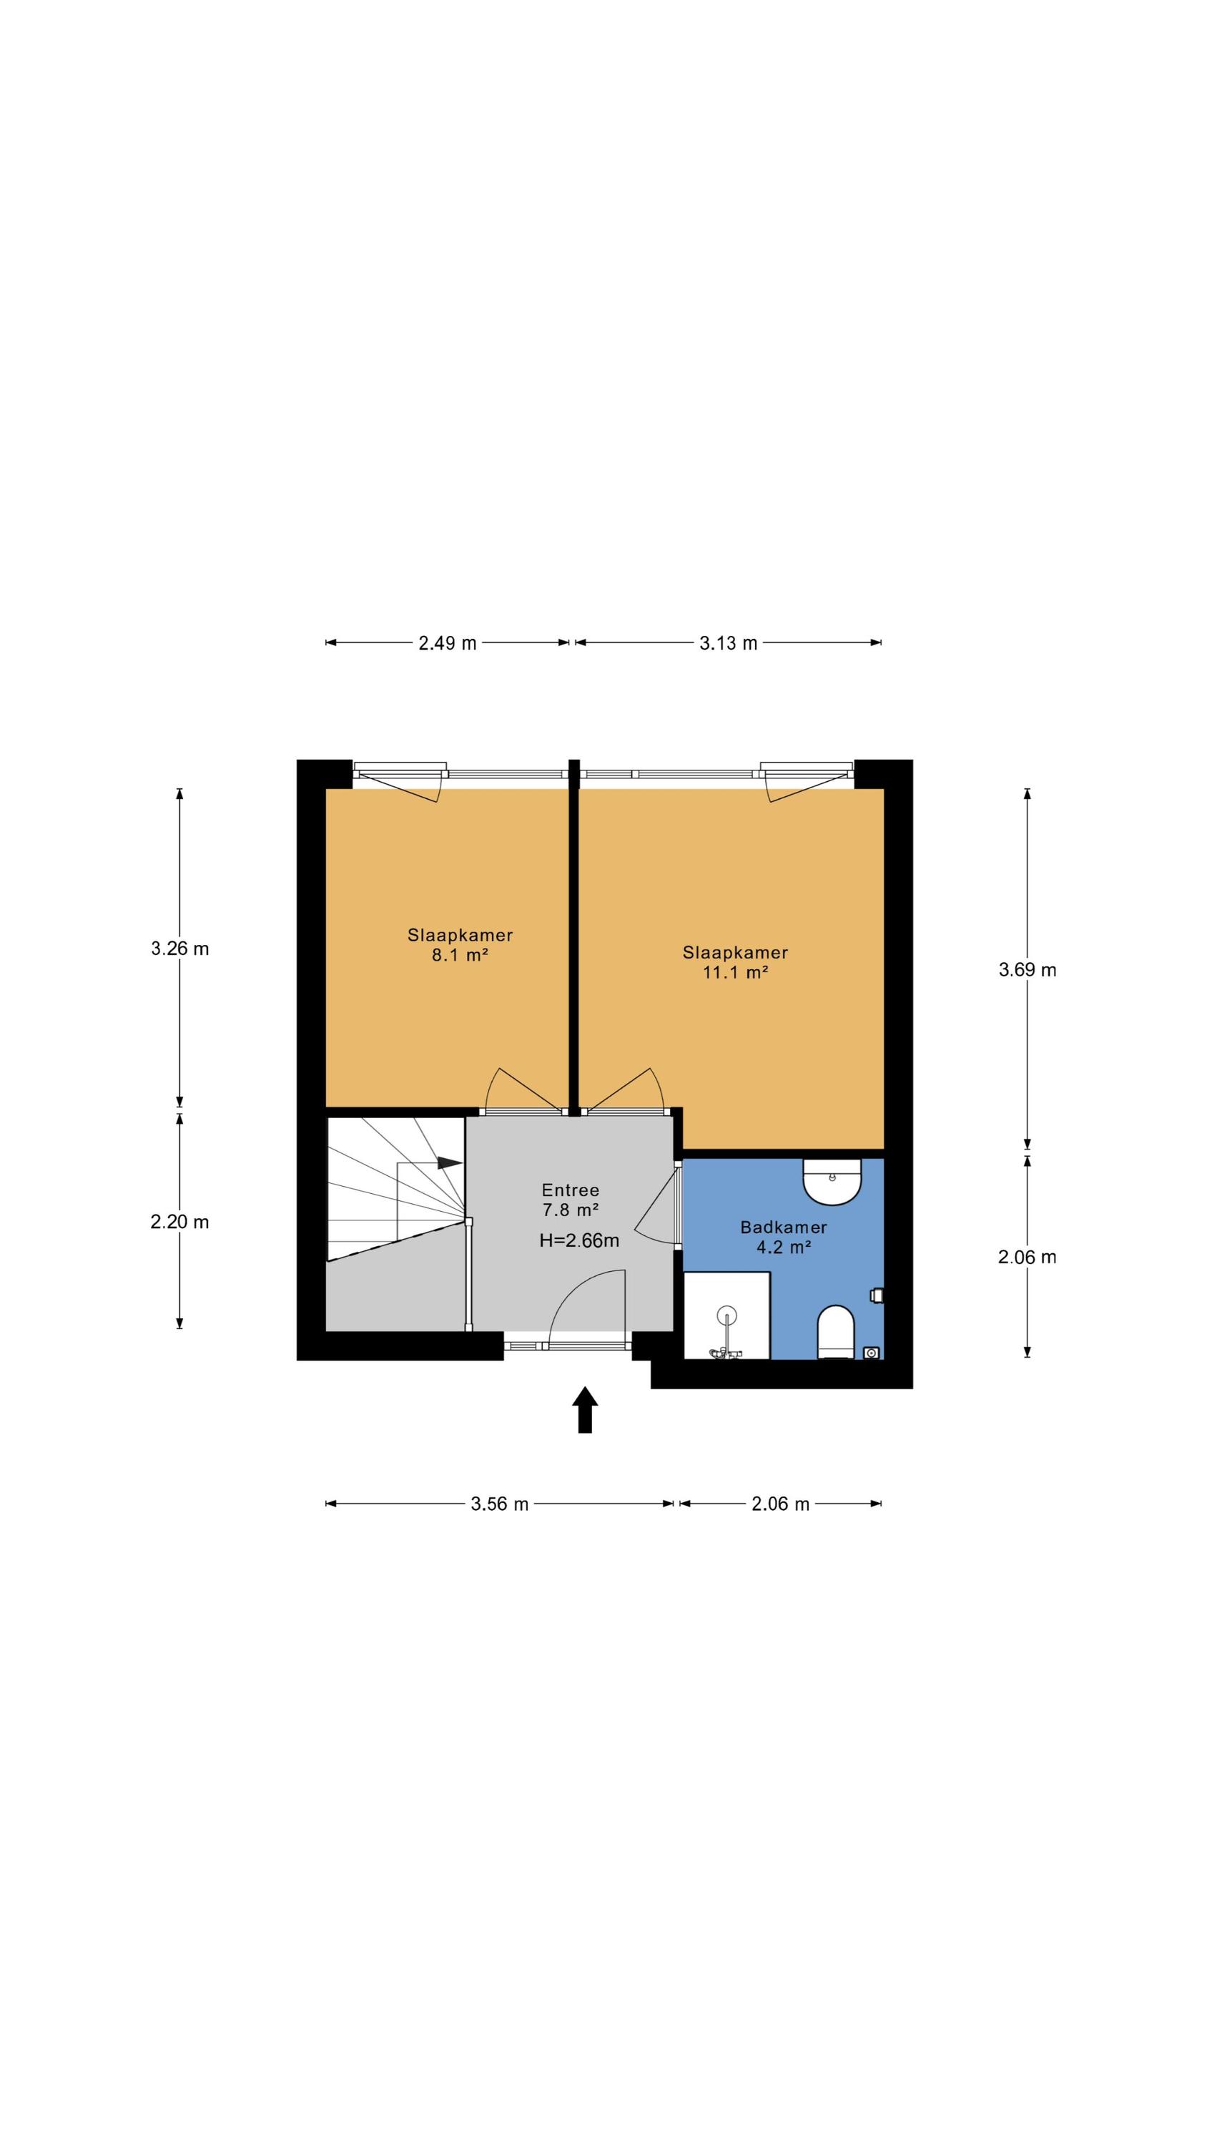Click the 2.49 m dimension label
point(448,643)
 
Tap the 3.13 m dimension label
point(728,643)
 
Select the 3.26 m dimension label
point(180,948)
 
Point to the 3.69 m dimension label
point(1027,970)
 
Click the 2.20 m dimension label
point(180,1222)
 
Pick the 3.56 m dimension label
point(500,1504)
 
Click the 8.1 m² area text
point(460,955)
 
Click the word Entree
point(571,1190)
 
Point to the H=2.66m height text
point(579,1240)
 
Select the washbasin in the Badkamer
point(832,1181)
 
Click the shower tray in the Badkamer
point(726,1315)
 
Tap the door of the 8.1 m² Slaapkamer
point(523,1090)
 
